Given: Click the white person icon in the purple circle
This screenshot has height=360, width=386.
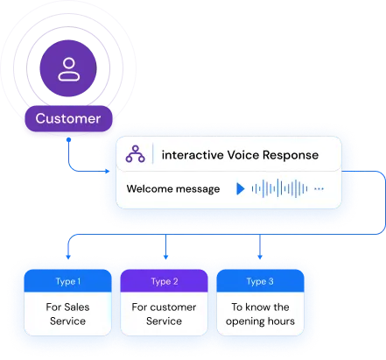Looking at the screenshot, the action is [69, 69].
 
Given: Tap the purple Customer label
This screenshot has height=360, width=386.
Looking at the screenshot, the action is [68, 118].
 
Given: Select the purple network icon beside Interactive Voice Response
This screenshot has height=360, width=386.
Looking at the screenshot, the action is [135, 154].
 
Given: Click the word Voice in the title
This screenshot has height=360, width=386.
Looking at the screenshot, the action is [243, 155].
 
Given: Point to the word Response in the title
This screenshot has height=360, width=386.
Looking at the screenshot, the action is [291, 155].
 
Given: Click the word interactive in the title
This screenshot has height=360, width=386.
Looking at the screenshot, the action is [193, 155].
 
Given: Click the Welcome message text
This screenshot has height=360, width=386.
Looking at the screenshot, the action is [173, 189].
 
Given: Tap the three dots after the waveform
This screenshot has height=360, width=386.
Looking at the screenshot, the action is [319, 189].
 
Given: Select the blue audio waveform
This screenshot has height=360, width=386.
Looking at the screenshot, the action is [279, 188].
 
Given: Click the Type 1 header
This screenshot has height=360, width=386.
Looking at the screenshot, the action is [67, 281].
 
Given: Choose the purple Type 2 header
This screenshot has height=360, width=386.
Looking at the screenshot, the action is [164, 281].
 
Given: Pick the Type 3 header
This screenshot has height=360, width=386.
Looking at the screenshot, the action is [260, 281].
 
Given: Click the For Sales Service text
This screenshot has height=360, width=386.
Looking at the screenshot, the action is [67, 314].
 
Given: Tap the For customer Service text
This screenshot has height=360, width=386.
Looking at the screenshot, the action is [164, 314].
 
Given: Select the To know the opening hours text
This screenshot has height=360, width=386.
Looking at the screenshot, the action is [260, 314].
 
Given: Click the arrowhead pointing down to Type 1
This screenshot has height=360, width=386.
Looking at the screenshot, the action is [68, 257].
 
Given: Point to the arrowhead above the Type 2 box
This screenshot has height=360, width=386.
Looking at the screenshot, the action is [165, 257].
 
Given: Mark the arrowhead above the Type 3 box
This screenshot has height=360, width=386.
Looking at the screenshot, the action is [260, 257].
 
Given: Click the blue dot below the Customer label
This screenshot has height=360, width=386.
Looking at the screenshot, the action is [68, 140].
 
